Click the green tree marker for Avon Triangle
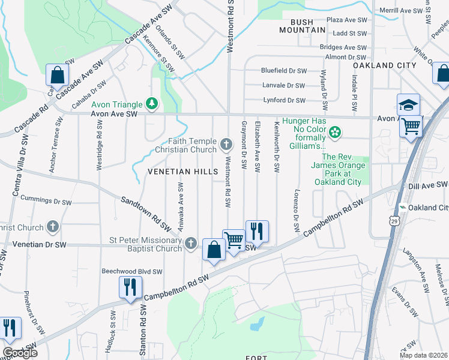[152, 103]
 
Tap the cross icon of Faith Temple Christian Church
[226, 143]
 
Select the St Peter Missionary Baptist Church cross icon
[191, 243]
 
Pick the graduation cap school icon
[408, 104]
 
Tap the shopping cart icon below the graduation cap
[411, 126]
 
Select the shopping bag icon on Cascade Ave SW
[57, 75]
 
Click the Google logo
[20, 353]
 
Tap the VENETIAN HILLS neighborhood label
[183, 172]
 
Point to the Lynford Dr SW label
[283, 100]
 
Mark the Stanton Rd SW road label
[143, 331]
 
